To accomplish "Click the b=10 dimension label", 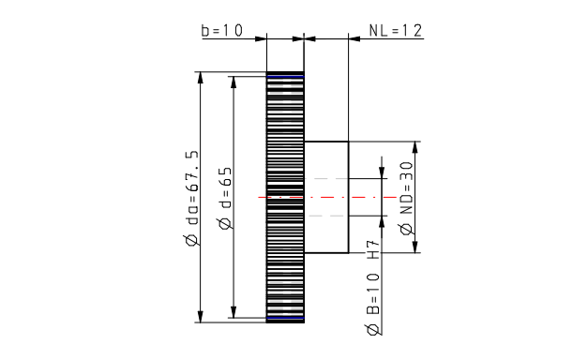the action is (x=222, y=30).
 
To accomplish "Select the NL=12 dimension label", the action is (x=396, y=30).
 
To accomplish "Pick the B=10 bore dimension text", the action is (x=372, y=293).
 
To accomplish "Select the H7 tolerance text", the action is (x=373, y=250).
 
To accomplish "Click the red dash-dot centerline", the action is (x=327, y=197).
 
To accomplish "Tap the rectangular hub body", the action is (x=326, y=197).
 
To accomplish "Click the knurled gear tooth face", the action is (x=285, y=197).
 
